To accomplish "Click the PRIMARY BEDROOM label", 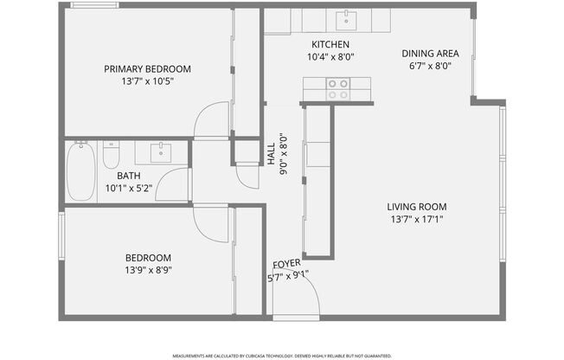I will [x=147, y=69].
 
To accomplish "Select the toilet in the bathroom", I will [x=111, y=156].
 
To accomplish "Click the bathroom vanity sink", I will [x=162, y=153].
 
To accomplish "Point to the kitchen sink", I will [x=347, y=19].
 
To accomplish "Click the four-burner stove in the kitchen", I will [x=337, y=87].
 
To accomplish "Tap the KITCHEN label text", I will [x=330, y=44].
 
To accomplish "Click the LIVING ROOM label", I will [x=416, y=207].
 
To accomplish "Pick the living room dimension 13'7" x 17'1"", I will [x=416, y=219].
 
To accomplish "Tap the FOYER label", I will [x=286, y=264].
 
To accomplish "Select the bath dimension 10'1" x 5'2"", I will [x=129, y=188].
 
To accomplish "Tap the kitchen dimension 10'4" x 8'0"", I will [x=330, y=57].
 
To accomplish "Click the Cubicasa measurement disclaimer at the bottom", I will [x=281, y=355].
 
